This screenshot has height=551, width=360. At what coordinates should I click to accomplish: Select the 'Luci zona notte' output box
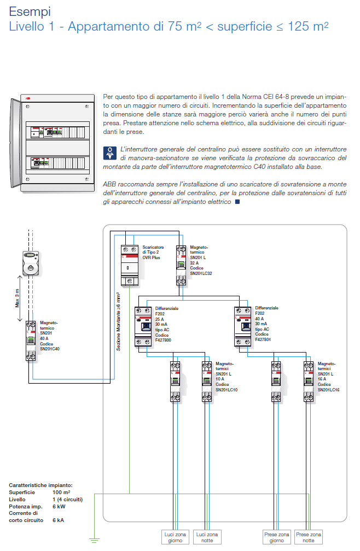[x=207, y=537]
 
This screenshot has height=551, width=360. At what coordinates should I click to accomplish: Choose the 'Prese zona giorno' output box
[x=276, y=537]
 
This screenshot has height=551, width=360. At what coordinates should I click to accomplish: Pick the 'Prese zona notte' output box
[x=309, y=537]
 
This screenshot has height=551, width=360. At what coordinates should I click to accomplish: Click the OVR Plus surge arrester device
[x=130, y=266]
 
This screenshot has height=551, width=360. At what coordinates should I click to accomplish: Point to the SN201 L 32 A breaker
[x=182, y=266]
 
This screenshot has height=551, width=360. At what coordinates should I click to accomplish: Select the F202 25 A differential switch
[x=143, y=326]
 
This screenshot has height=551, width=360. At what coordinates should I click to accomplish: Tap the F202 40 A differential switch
[x=243, y=326]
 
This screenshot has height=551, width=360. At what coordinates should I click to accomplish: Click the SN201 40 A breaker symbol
[x=31, y=341]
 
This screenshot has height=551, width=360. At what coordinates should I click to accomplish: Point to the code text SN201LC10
[x=226, y=390]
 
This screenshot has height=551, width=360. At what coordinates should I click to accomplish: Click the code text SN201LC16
[x=328, y=390]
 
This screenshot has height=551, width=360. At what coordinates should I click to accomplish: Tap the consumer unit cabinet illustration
[x=50, y=143]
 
